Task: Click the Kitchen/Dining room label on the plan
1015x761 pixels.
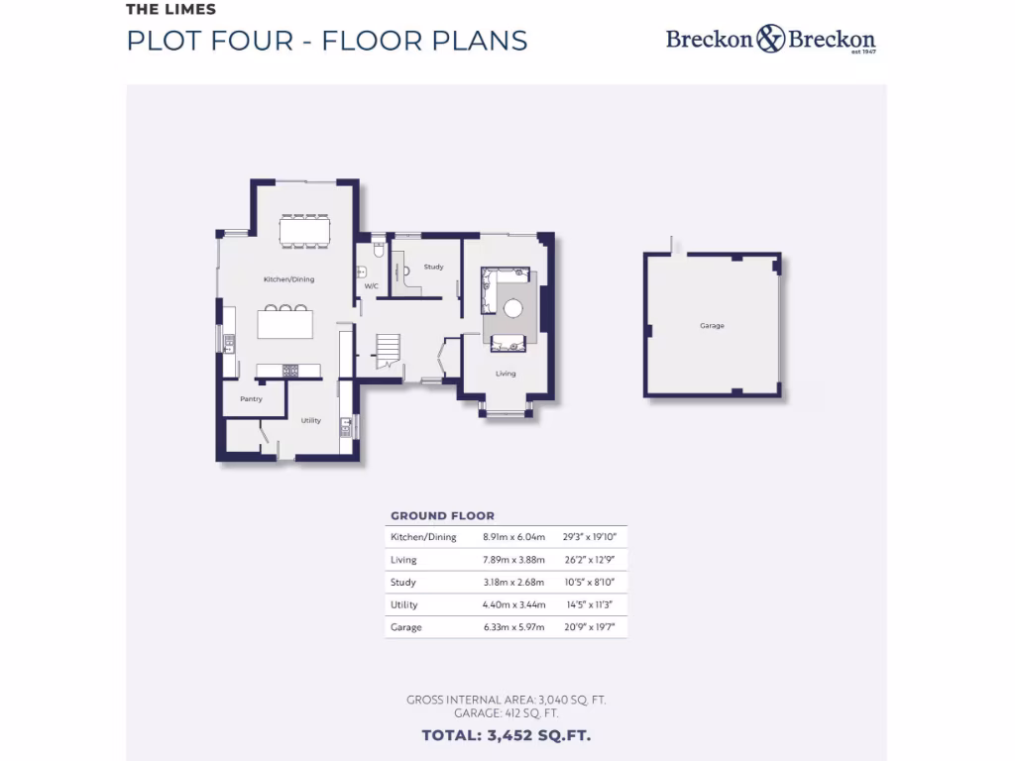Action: pos(288,279)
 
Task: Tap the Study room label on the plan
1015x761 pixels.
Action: pos(433,268)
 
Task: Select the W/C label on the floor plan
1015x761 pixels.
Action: pos(372,286)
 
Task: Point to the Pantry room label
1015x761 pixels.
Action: pos(251,399)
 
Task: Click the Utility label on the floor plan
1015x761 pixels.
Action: pos(311,420)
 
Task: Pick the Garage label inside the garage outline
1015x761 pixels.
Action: pos(712,326)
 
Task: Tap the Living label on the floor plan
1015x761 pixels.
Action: pos(506,374)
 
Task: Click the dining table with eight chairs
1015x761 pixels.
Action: pos(304,230)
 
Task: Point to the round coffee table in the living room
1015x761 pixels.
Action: pos(513,308)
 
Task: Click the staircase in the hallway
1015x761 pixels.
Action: pos(387,350)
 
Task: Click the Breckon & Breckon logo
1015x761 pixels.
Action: pos(770,40)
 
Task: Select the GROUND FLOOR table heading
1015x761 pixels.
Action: pos(442,516)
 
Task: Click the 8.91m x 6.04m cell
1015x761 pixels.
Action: pos(513,537)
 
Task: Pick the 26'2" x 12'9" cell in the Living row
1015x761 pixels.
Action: pos(590,560)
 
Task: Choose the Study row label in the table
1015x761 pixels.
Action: pos(403,583)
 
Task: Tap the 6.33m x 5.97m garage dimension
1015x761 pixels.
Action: pos(513,627)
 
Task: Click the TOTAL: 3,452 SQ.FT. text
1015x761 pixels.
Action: pos(507,735)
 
